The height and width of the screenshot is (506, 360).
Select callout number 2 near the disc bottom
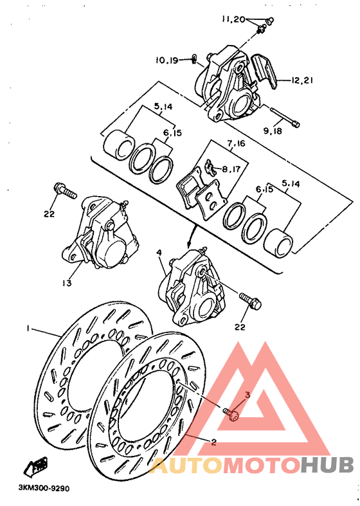click(x=213, y=442)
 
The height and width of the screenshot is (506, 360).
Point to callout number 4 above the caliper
click(x=159, y=253)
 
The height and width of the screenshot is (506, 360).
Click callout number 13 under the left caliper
click(x=67, y=282)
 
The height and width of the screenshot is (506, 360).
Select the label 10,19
click(x=166, y=60)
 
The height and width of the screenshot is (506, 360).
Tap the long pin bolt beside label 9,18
click(x=283, y=118)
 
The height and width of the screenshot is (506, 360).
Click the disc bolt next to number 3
click(x=232, y=413)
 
